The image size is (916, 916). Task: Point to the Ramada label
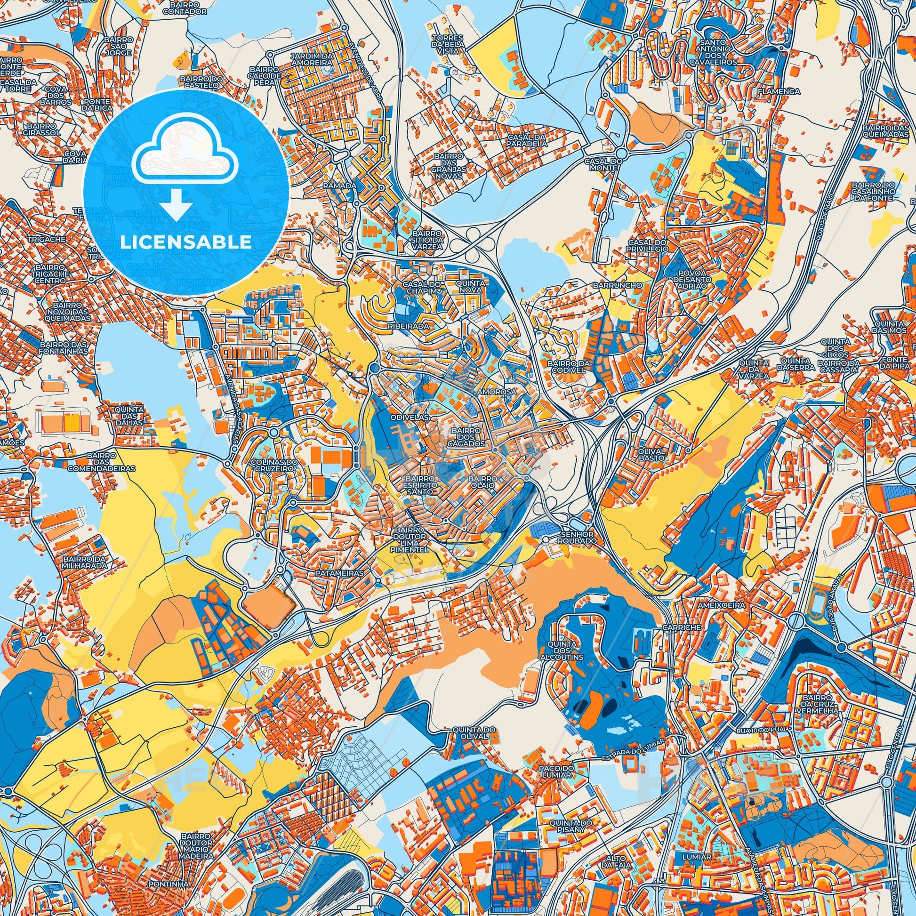pyautogui.click(x=339, y=186)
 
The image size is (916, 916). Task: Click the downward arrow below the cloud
pyautogui.click(x=176, y=208)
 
